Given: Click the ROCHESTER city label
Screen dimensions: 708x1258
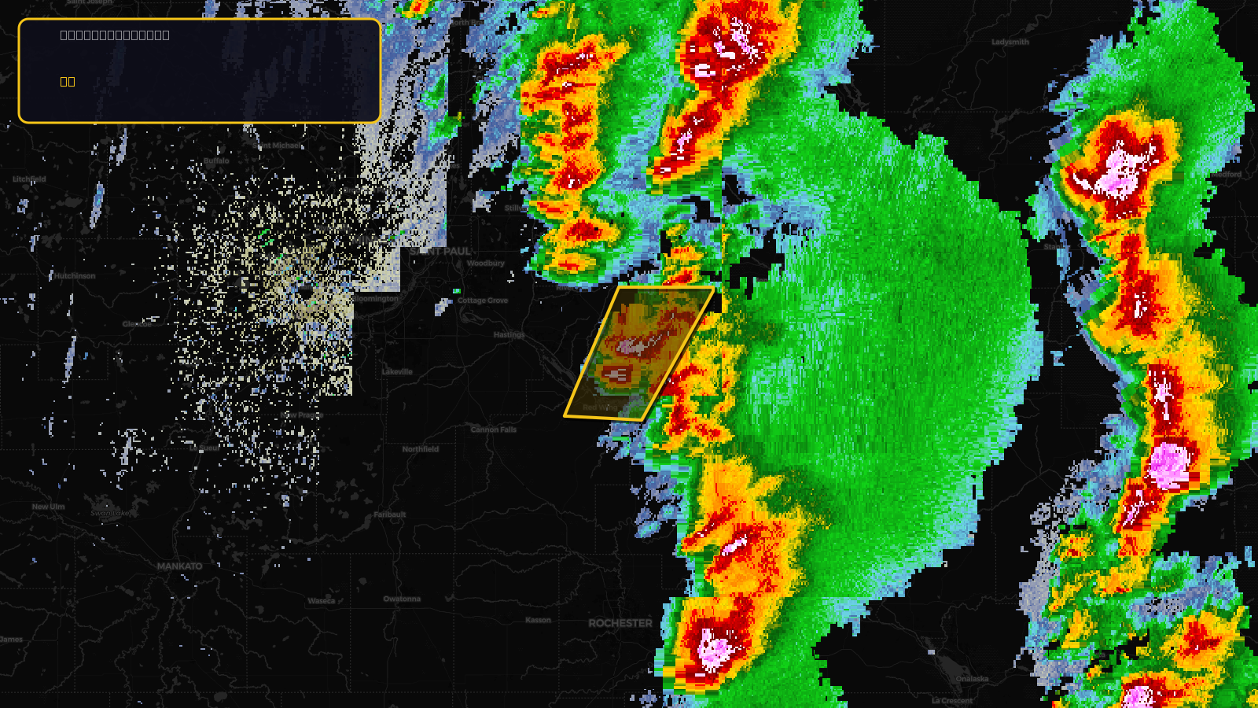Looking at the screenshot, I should (x=620, y=623).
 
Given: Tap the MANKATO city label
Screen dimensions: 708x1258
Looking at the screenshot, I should (x=179, y=566).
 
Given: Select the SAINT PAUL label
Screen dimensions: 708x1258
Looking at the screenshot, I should (x=440, y=251).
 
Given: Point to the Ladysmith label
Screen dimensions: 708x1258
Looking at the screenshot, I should (x=1010, y=42).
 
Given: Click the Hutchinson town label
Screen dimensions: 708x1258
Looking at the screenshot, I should (x=75, y=276).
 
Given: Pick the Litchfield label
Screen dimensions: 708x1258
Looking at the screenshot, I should (x=29, y=179).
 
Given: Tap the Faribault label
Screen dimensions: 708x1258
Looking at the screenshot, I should (x=390, y=514).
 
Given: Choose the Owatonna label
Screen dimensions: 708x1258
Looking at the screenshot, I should (x=402, y=599).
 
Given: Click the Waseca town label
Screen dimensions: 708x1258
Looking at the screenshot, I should (x=322, y=601).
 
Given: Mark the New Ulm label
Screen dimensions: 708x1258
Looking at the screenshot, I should (x=49, y=507).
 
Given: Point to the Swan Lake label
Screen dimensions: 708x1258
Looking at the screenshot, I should (x=109, y=514).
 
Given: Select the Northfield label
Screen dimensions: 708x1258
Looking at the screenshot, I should (x=421, y=449).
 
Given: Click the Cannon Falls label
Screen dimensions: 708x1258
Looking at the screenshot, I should (x=494, y=430).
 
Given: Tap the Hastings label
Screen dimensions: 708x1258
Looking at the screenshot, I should (x=509, y=335).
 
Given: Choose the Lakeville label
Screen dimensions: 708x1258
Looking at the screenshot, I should (x=397, y=372).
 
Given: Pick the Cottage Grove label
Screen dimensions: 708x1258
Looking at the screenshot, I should (x=483, y=301).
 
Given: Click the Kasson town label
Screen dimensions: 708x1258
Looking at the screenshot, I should (x=539, y=620).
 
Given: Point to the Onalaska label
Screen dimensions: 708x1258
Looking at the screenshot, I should (x=973, y=679).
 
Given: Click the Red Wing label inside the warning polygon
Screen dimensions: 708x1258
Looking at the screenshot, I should (x=599, y=407).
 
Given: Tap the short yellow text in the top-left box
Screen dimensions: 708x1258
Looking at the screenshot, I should (x=68, y=82).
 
